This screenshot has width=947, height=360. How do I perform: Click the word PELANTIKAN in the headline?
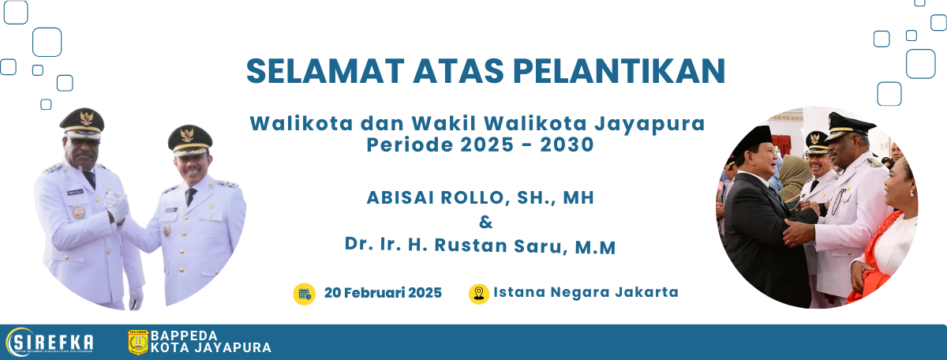pyautogui.click(x=619, y=70)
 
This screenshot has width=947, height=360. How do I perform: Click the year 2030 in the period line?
pyautogui.click(x=567, y=144)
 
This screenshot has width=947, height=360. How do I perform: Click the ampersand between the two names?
pyautogui.click(x=486, y=222)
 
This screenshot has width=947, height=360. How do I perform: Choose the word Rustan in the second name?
pyautogui.click(x=471, y=246)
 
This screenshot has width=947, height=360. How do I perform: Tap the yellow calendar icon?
pyautogui.click(x=305, y=294)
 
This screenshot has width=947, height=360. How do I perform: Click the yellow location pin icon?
pyautogui.click(x=478, y=294)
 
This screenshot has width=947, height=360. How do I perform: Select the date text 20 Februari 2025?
pyautogui.click(x=383, y=293)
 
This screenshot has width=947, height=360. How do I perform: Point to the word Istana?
pyautogui.click(x=519, y=292)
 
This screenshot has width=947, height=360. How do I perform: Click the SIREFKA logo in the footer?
pyautogui.click(x=50, y=342)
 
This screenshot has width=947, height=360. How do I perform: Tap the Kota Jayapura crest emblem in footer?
pyautogui.click(x=138, y=342)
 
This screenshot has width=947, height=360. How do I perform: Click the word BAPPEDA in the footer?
pyautogui.click(x=184, y=336)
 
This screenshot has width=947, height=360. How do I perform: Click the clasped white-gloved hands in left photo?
pyautogui.click(x=117, y=206)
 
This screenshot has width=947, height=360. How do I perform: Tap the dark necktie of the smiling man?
pyautogui.click(x=191, y=196)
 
